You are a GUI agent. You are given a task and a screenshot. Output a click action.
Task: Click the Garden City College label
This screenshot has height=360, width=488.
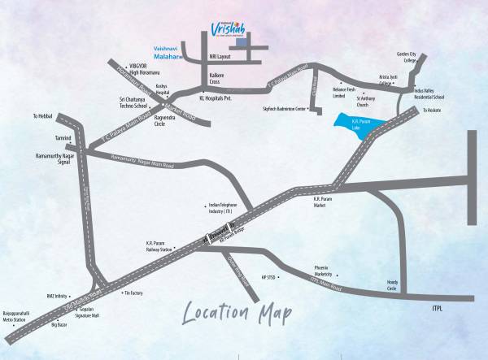(x=406, y=57)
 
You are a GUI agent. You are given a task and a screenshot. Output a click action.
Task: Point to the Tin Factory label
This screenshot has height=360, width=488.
(x=132, y=293)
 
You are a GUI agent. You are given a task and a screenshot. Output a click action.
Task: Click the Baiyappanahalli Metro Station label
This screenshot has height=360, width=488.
(x=24, y=312)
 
